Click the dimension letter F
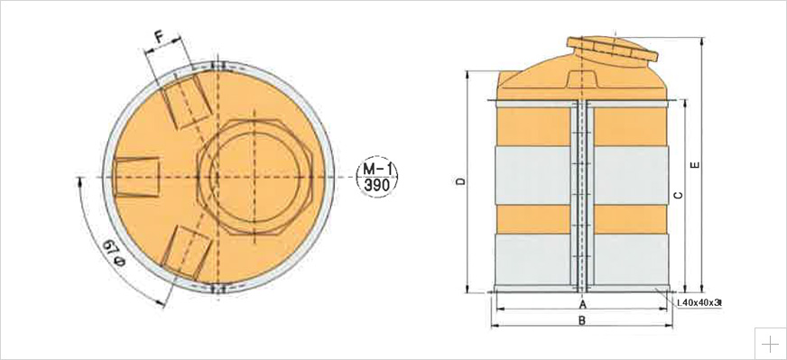[159, 37]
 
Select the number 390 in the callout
[377, 185]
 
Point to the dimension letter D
[461, 181]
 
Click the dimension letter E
[695, 165]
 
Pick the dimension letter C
[678, 195]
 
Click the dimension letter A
[582, 304]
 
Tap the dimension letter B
[582, 320]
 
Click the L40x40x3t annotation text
[699, 303]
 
